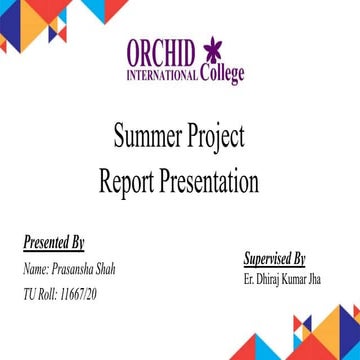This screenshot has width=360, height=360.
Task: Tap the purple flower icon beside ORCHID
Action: (213, 52)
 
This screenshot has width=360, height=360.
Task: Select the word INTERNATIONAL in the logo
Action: (162, 77)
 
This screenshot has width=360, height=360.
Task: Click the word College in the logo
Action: (221, 76)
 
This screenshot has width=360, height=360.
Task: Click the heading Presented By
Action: (53, 243)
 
